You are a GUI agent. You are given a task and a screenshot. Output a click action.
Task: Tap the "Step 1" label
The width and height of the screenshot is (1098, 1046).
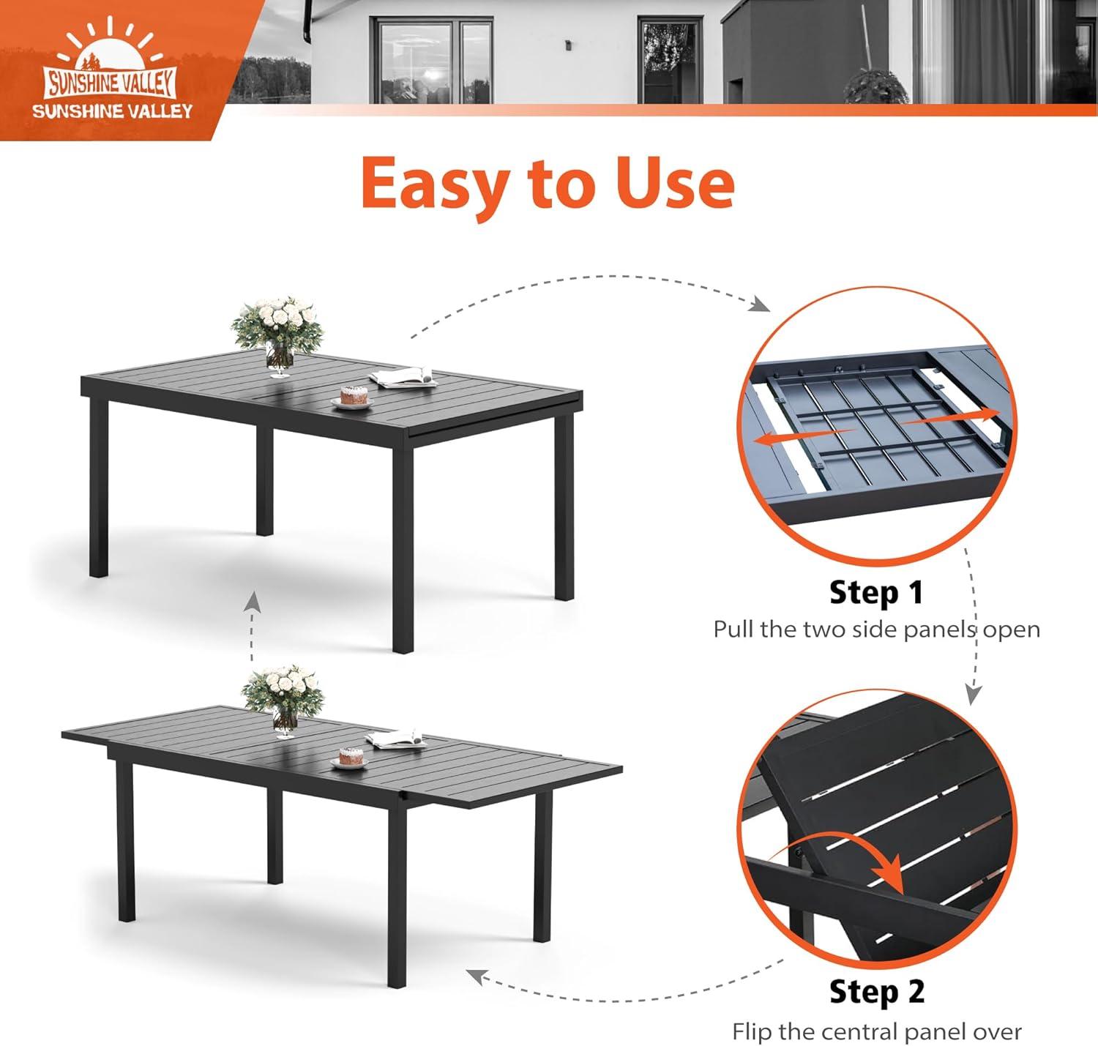[876, 592]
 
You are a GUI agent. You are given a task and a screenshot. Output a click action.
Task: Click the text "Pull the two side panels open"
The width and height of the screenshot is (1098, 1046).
[876, 630]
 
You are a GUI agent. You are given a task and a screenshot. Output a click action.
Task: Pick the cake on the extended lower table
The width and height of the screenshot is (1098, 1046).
[350, 758]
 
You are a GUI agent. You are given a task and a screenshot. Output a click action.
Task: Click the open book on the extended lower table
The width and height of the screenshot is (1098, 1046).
[395, 739]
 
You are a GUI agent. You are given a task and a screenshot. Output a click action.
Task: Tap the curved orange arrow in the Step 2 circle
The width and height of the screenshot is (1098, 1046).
[854, 851]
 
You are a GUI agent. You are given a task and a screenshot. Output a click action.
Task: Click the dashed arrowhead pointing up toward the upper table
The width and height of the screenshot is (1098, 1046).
[253, 602]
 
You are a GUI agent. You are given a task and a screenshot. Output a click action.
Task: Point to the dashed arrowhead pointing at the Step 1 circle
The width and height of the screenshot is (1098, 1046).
[760, 305]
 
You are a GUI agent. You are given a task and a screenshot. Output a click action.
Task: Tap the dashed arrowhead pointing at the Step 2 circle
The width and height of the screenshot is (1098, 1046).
[974, 695]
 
